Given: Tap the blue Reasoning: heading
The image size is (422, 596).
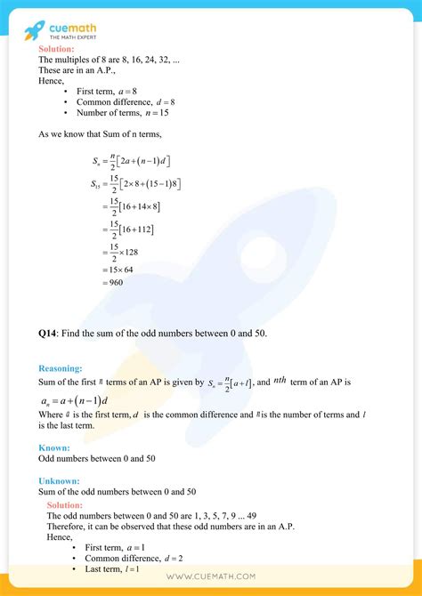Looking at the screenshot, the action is (60, 367).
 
